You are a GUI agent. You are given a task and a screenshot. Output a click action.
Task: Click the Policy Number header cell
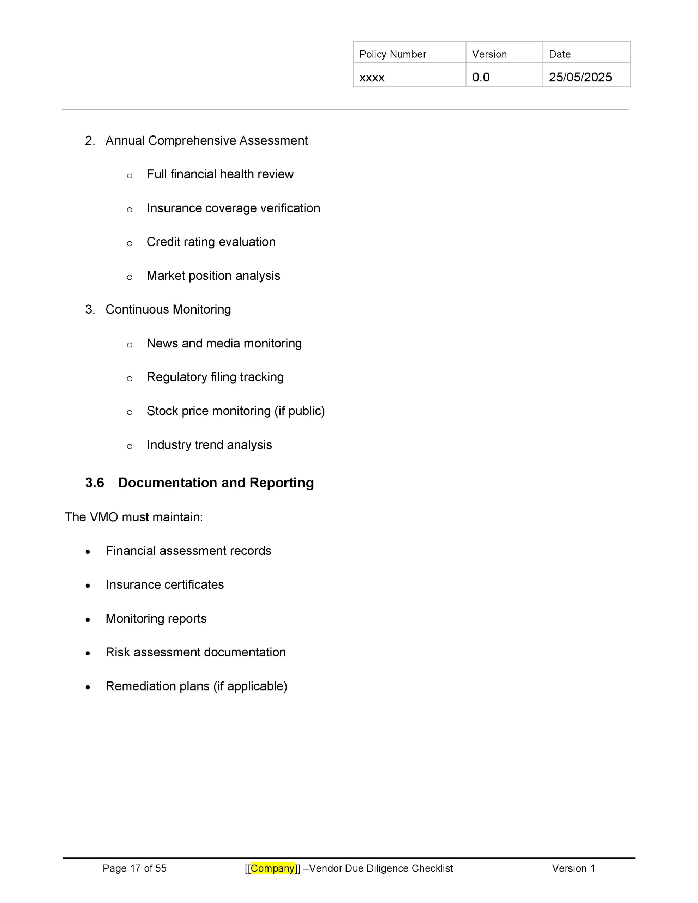pyautogui.click(x=392, y=54)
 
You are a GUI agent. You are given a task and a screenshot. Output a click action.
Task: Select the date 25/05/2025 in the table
pyautogui.click(x=580, y=77)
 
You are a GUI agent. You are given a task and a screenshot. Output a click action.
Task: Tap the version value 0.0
pyautogui.click(x=481, y=77)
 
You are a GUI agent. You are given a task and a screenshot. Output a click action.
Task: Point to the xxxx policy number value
pyautogui.click(x=372, y=78)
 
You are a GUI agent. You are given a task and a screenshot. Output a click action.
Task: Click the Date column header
pyautogui.click(x=559, y=54)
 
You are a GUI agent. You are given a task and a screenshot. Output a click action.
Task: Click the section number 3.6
pyautogui.click(x=94, y=483)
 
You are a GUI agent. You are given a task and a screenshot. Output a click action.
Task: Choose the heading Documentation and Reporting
pyautogui.click(x=216, y=483)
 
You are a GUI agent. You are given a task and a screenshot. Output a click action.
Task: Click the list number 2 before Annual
pyautogui.click(x=89, y=141)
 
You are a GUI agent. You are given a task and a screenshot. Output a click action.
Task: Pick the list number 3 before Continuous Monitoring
pyautogui.click(x=89, y=309)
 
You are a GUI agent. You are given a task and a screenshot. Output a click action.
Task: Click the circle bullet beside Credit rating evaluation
pyautogui.click(x=130, y=243)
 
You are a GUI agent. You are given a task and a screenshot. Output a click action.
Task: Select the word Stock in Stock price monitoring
pyautogui.click(x=162, y=411)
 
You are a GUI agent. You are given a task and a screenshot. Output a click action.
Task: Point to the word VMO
pyautogui.click(x=103, y=517)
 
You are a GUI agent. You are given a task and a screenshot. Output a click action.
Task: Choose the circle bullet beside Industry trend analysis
pyautogui.click(x=130, y=447)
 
